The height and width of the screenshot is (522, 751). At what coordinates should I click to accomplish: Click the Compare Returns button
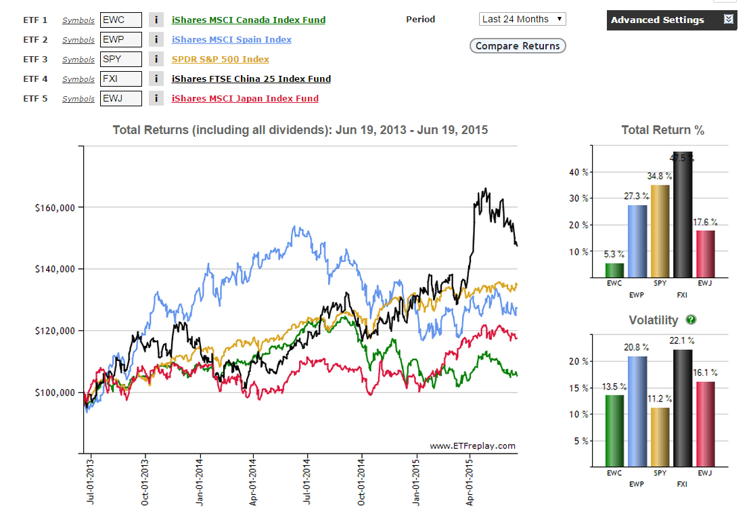point(518,46)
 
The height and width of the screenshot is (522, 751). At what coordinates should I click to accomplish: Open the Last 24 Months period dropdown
point(522,19)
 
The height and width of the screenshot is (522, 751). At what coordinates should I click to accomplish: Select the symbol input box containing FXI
point(121,79)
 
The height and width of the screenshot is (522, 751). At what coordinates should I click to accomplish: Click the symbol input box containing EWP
point(121,40)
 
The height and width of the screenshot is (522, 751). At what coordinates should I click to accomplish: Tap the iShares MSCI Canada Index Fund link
point(248,20)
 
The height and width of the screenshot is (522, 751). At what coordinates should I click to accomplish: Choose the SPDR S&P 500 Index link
point(221,60)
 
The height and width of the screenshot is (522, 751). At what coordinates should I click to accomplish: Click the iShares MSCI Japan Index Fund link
point(245,99)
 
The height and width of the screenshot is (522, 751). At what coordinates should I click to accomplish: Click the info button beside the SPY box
point(156,60)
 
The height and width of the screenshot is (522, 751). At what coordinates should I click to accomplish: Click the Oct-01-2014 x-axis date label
point(362,484)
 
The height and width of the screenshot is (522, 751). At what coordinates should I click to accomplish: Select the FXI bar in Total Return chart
point(683,217)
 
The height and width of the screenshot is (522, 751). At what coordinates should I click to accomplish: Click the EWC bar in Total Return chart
point(614,270)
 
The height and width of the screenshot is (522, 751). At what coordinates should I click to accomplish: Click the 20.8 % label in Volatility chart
point(637,347)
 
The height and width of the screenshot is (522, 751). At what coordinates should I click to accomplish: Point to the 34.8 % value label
point(660,176)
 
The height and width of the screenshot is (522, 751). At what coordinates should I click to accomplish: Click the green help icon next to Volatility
point(691,320)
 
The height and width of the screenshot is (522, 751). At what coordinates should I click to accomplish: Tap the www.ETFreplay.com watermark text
point(472,445)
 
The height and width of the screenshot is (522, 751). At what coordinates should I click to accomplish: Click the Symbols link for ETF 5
point(78,99)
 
